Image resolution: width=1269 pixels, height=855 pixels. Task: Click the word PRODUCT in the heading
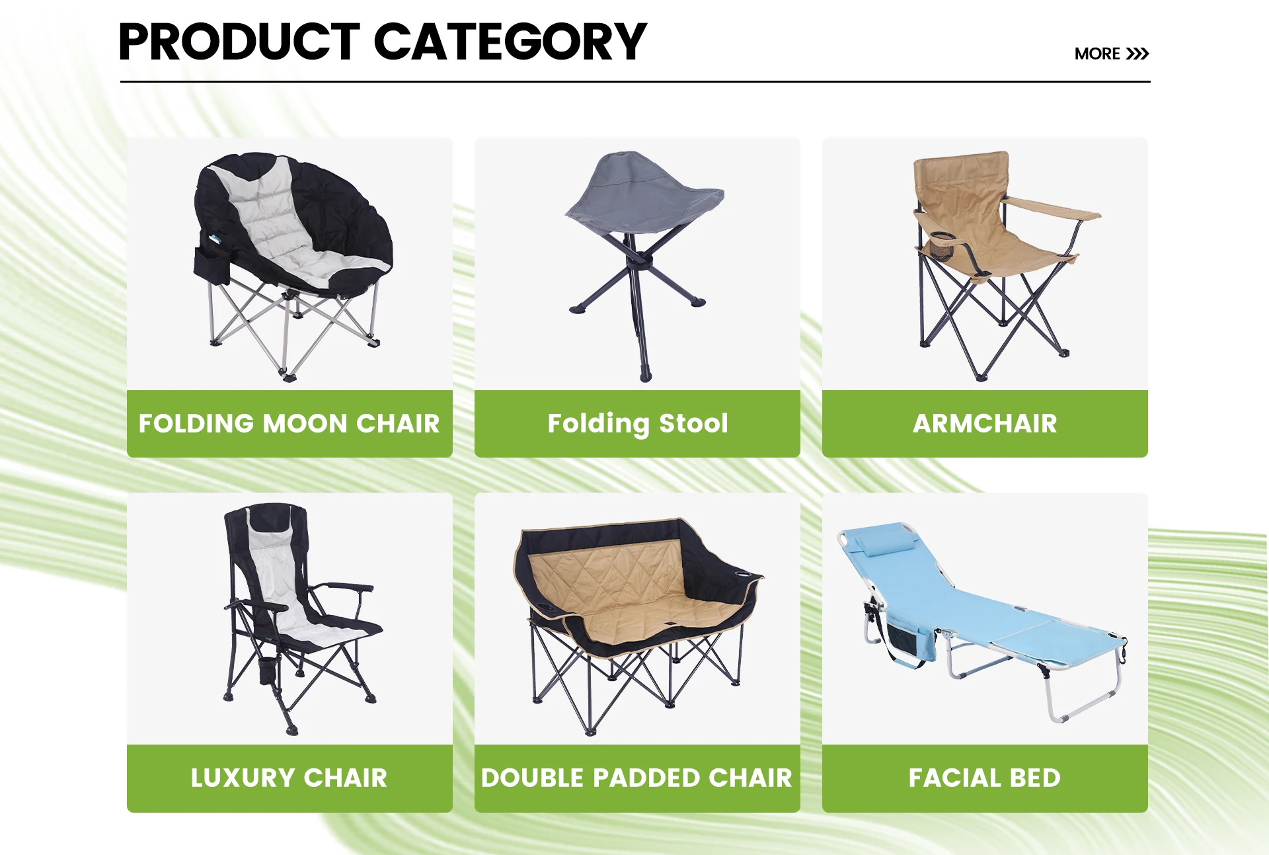pos(239,42)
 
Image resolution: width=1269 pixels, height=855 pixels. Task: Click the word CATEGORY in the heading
pos(510,42)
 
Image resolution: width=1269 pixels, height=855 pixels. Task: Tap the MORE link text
pos(1097,54)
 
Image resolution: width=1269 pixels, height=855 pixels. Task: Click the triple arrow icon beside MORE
pos(1137,54)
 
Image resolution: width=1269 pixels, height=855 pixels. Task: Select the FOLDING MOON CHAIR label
pos(289,423)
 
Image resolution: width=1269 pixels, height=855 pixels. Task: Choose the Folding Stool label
pos(638,424)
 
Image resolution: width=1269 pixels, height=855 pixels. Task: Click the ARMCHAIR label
pos(985,423)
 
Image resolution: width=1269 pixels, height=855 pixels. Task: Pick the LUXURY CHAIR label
pos(289,778)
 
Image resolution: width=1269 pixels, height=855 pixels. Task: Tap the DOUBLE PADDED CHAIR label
pos(636,778)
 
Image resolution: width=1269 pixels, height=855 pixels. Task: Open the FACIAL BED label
pos(985,778)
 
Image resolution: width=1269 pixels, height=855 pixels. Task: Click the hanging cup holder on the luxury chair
pos(268,670)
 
